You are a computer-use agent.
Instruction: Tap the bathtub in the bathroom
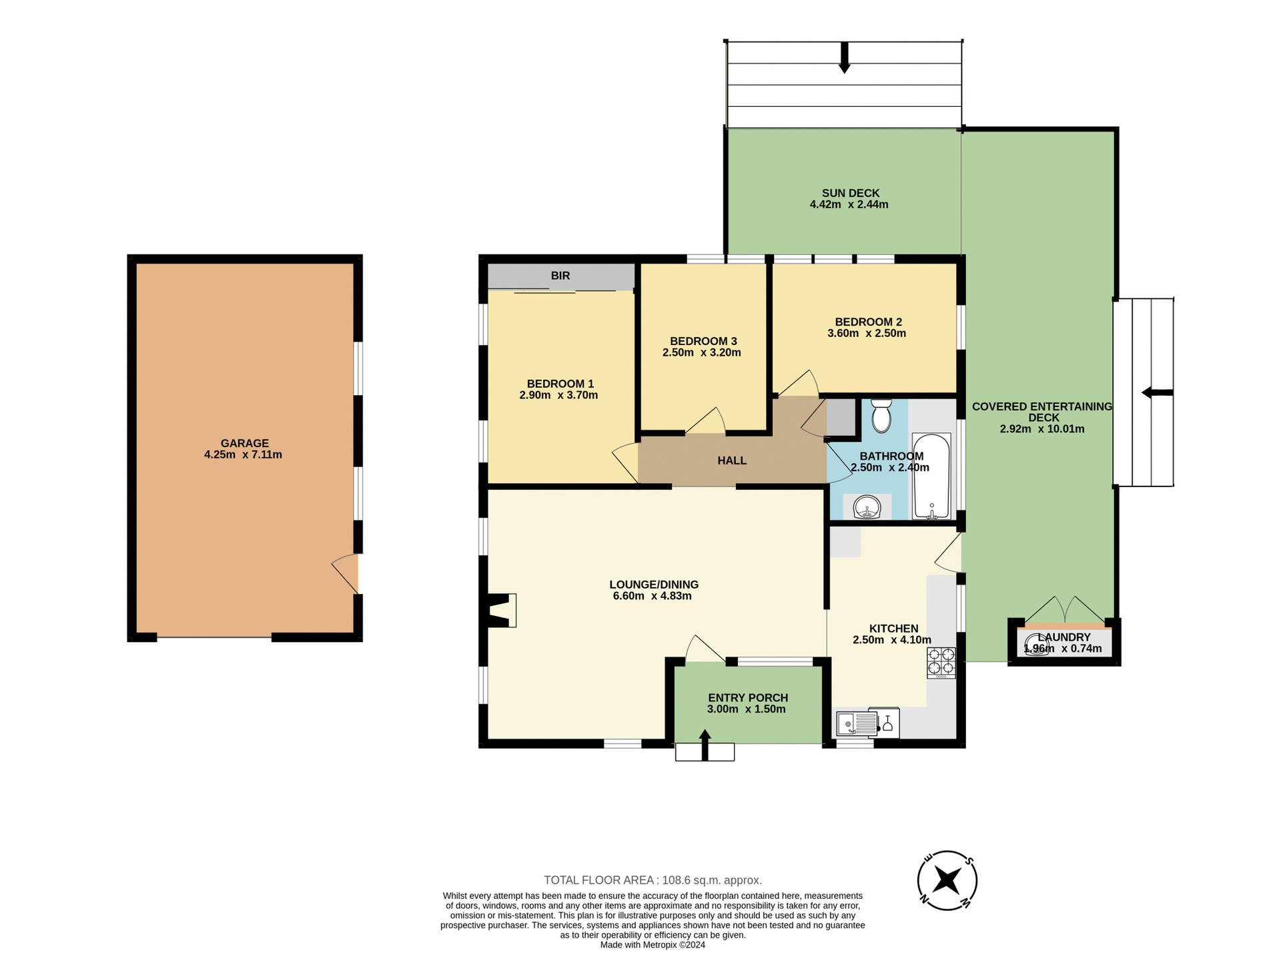[x=931, y=476]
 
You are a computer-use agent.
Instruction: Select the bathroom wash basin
[x=867, y=508]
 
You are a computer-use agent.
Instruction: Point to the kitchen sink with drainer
[x=857, y=723]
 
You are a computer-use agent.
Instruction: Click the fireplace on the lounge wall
[x=500, y=611]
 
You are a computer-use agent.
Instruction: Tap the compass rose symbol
[x=947, y=880]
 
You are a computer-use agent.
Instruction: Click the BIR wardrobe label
[x=560, y=276]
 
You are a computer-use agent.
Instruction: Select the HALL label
[x=732, y=460]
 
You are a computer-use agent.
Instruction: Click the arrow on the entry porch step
[x=705, y=743]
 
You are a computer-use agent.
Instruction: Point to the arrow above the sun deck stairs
[x=844, y=57]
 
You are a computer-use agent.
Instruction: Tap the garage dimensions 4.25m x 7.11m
[x=243, y=455]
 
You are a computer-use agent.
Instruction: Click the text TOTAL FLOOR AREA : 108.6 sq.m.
[x=653, y=880]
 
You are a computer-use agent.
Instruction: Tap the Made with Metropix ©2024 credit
[x=653, y=945]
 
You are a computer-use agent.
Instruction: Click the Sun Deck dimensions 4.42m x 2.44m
[x=849, y=205]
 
